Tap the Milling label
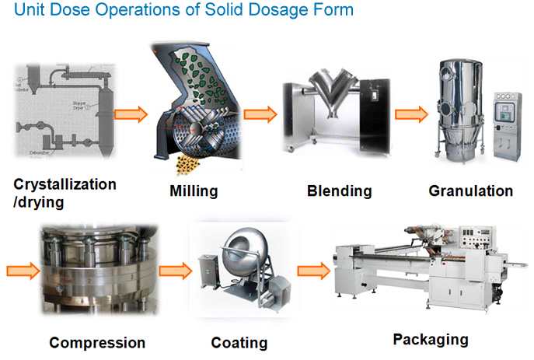[x=194, y=190]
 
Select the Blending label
[x=339, y=190]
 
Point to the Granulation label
[x=470, y=190]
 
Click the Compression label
[x=97, y=342]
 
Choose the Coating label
[x=239, y=342]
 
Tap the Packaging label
[x=430, y=339]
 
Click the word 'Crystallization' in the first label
[x=65, y=184]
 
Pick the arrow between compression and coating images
[x=174, y=271]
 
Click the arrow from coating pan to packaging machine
[x=312, y=271]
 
